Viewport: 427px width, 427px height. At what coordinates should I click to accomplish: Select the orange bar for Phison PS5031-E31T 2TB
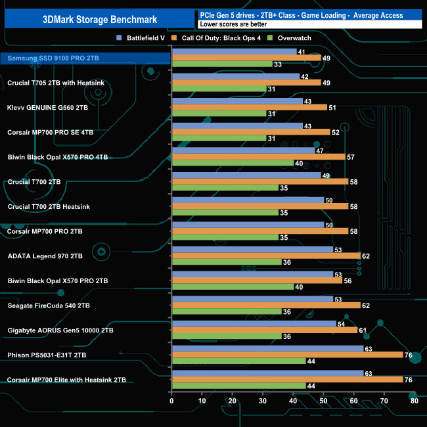point(287,355)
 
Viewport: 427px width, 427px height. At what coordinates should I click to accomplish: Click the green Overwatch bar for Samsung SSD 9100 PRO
point(221,64)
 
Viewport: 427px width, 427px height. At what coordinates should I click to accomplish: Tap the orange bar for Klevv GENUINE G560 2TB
point(248,107)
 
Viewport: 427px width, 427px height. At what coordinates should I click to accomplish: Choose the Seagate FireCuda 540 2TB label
point(49,305)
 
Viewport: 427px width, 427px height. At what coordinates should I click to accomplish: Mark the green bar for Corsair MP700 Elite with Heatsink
point(238,386)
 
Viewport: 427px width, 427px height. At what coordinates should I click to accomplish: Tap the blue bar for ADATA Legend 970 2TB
point(252,249)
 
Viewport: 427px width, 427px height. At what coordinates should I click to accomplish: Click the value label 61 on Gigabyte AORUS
point(363,330)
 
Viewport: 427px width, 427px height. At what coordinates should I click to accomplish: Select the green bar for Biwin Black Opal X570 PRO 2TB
point(232,286)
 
